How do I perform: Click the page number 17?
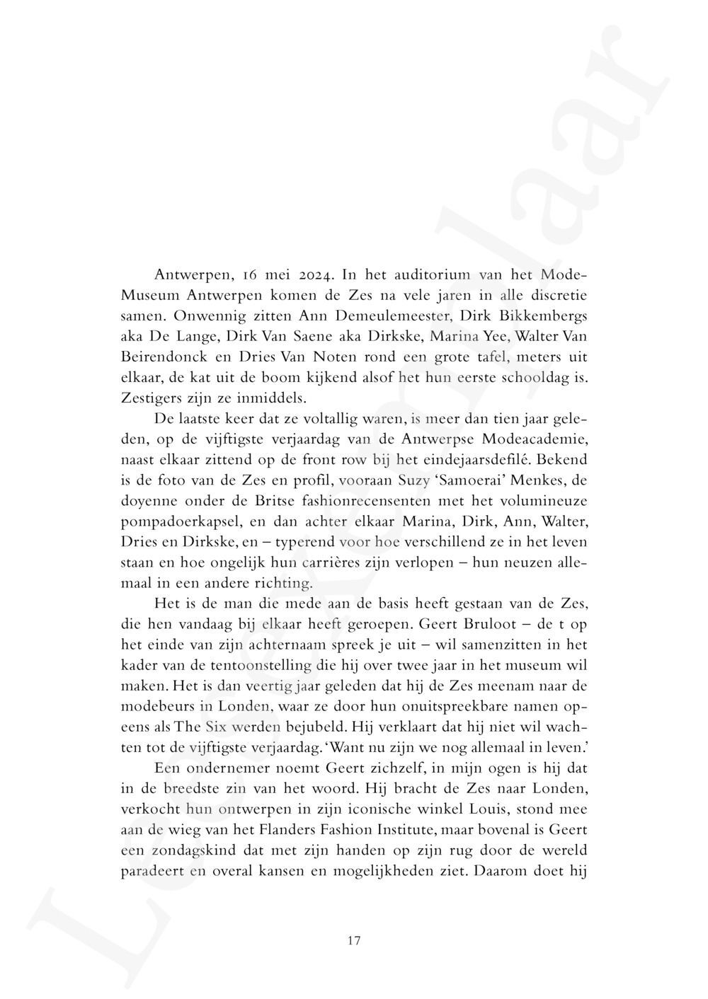355,940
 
